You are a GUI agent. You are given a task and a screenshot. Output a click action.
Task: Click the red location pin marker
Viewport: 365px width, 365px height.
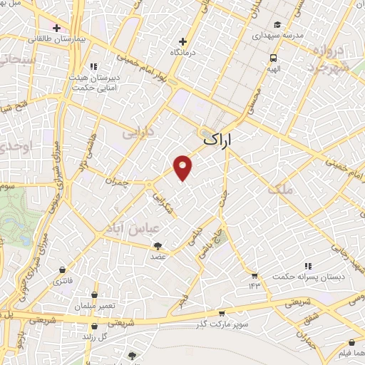pyautogui.click(x=183, y=166)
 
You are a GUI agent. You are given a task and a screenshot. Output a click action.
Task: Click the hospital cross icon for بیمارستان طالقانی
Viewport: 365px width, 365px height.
pyautogui.click(x=56, y=28)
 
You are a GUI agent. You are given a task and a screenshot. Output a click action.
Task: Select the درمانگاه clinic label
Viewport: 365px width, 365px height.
pyautogui.click(x=183, y=53)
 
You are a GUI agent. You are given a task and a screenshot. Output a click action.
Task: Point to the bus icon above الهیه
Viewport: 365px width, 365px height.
pyautogui.click(x=274, y=58)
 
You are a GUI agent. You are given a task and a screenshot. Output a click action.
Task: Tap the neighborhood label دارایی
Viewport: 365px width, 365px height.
pyautogui.click(x=137, y=133)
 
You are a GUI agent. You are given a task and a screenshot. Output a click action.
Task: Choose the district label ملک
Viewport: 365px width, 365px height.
pyautogui.click(x=279, y=190)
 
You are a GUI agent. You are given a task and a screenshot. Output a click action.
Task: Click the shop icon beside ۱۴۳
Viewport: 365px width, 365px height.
pyautogui.click(x=254, y=275)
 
